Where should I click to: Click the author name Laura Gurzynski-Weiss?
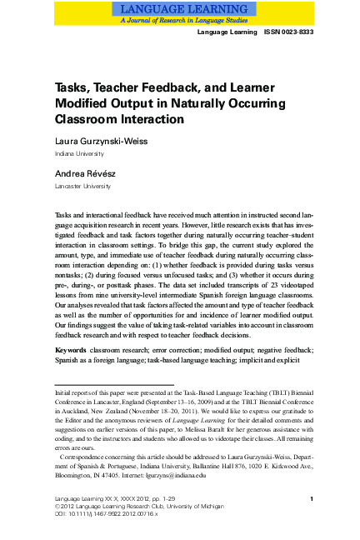[101, 142]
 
